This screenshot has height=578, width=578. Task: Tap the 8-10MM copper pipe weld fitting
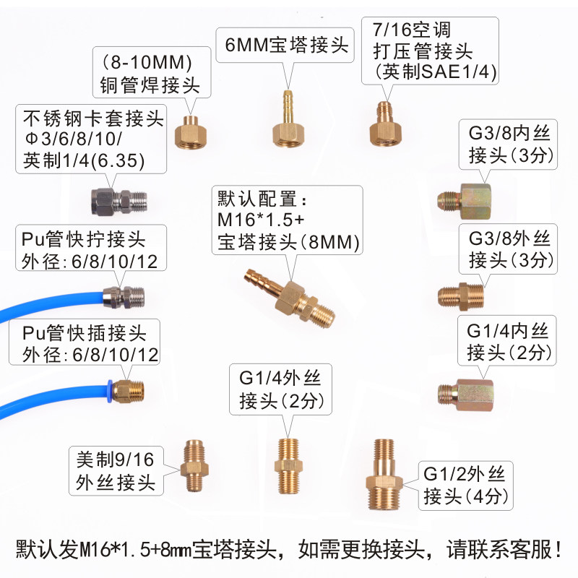pyautogui.click(x=191, y=131)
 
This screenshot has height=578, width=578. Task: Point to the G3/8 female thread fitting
pyautogui.click(x=465, y=201)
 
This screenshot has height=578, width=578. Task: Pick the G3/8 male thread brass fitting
pyautogui.click(x=461, y=296)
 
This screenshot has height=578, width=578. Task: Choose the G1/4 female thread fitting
pyautogui.click(x=465, y=394)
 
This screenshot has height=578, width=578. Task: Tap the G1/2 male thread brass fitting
pyautogui.click(x=384, y=475)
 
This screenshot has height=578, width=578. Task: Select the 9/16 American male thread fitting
pyautogui.click(x=194, y=466)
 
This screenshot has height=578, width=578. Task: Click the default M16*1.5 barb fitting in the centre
pyautogui.click(x=290, y=298)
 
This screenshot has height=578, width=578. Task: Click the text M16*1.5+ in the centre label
pyautogui.click(x=261, y=220)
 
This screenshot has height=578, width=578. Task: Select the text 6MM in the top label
pyautogui.click(x=246, y=45)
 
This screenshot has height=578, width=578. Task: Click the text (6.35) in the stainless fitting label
pyautogui.click(x=118, y=160)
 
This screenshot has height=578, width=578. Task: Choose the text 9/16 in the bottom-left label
pyautogui.click(x=134, y=460)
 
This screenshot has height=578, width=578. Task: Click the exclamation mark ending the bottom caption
pyautogui.click(x=559, y=549)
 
